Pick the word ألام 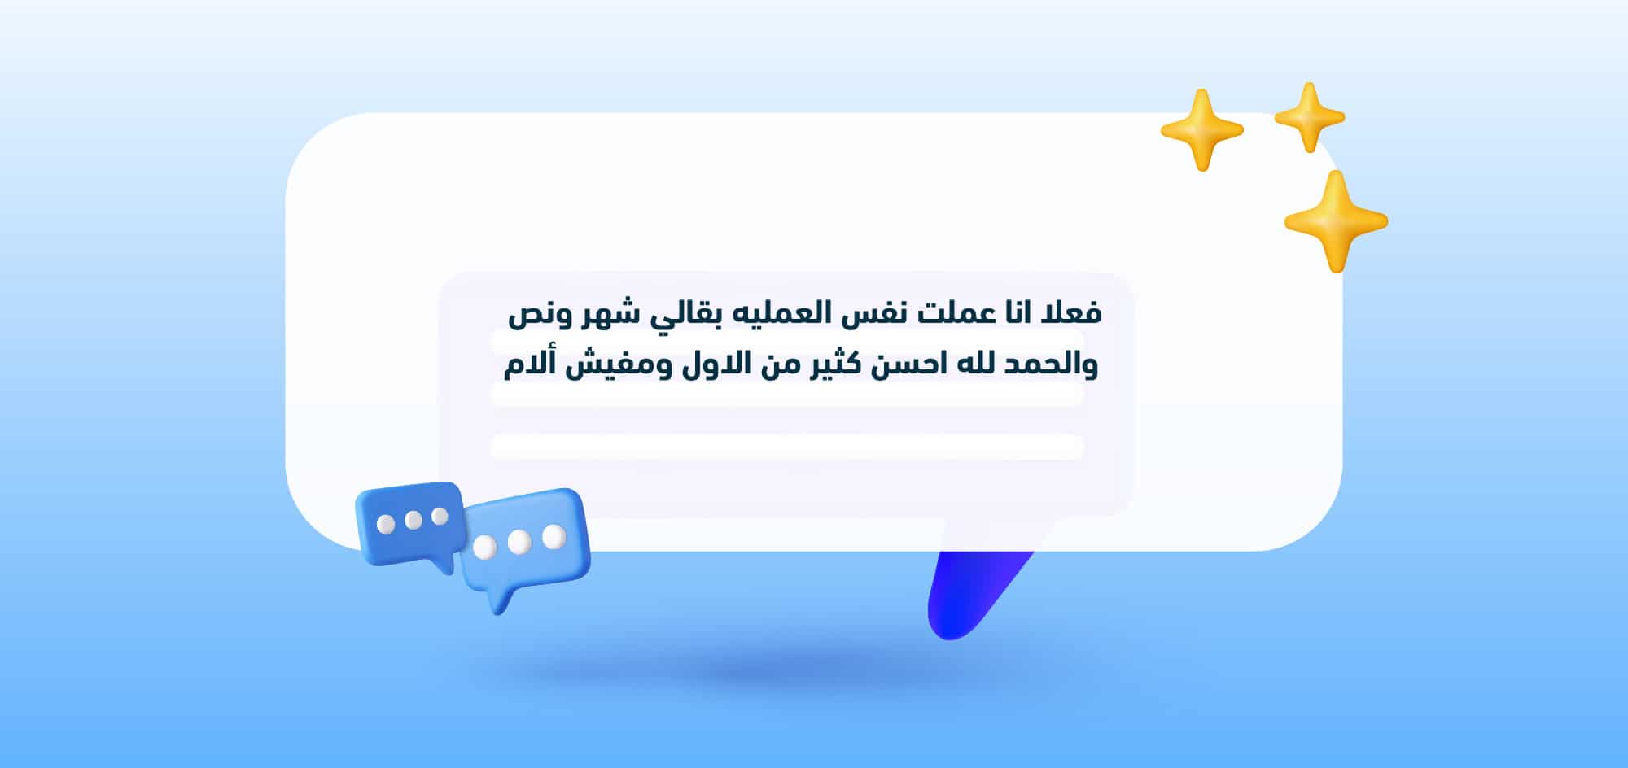click(528, 365)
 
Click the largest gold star click(1335, 221)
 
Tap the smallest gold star click(1309, 118)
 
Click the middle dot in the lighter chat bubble click(519, 542)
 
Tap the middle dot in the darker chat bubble click(414, 520)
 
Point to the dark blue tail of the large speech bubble click(969, 594)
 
